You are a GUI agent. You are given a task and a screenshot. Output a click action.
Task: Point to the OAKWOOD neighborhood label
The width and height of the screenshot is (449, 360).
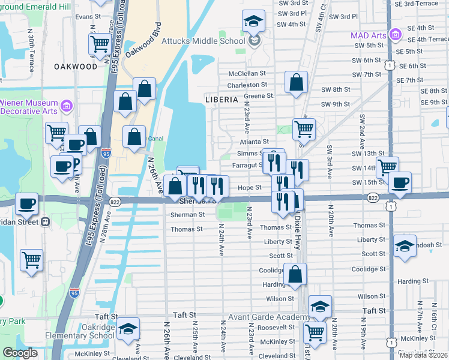pos(75,66)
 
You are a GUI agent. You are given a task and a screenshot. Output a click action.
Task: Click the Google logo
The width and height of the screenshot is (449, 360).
pos(20,353)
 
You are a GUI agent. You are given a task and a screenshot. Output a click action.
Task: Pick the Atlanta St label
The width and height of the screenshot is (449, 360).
pos(254,142)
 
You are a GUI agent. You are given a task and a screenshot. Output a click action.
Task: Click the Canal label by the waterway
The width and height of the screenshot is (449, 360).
pos(156,138)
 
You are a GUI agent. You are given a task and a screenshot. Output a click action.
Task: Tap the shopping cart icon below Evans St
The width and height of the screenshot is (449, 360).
pos(100,43)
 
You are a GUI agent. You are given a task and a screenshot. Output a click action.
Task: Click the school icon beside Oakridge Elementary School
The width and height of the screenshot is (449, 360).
pos(128,329)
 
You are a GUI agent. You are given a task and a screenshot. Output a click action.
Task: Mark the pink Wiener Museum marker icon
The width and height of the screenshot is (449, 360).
pos(67,107)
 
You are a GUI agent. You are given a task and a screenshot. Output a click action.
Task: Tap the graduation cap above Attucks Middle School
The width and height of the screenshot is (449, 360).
pos(253,21)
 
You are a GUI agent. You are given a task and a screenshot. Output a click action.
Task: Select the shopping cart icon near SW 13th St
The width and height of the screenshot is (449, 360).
pos(387,167)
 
